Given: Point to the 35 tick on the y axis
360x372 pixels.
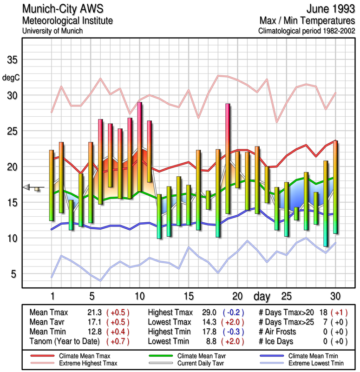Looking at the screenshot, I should [x=12, y=60].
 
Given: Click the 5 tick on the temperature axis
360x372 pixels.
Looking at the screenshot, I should [x=14, y=274].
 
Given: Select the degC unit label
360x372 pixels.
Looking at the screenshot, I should [x=11, y=77].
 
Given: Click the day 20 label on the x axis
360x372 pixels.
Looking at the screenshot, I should [x=237, y=296].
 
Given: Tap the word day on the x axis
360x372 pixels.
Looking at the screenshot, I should [x=263, y=296].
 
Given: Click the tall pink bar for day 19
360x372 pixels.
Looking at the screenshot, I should [x=228, y=158].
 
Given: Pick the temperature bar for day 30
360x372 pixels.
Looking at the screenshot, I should [x=335, y=186].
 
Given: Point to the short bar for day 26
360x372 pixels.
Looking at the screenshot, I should [x=296, y=213].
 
